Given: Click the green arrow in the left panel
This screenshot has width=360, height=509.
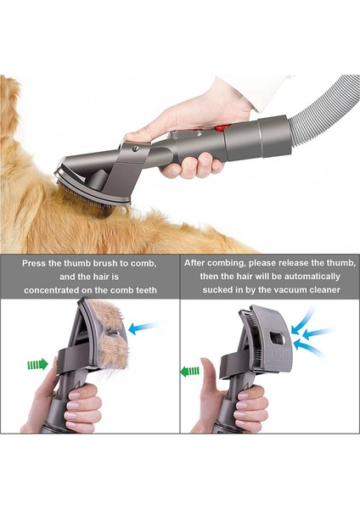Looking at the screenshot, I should point(37,364).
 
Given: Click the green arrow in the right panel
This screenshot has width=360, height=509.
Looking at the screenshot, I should point(189,370).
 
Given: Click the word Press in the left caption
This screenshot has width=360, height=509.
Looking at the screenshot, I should point(35,264).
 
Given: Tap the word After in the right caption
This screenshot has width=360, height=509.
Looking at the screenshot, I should point(198,264).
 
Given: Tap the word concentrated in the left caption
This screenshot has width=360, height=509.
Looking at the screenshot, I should point(48,289).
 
